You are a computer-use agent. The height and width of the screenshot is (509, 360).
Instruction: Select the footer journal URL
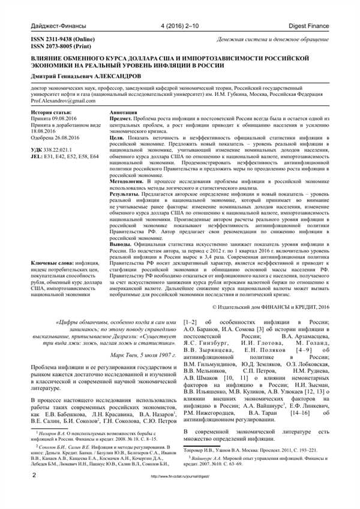click(179, 493)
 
